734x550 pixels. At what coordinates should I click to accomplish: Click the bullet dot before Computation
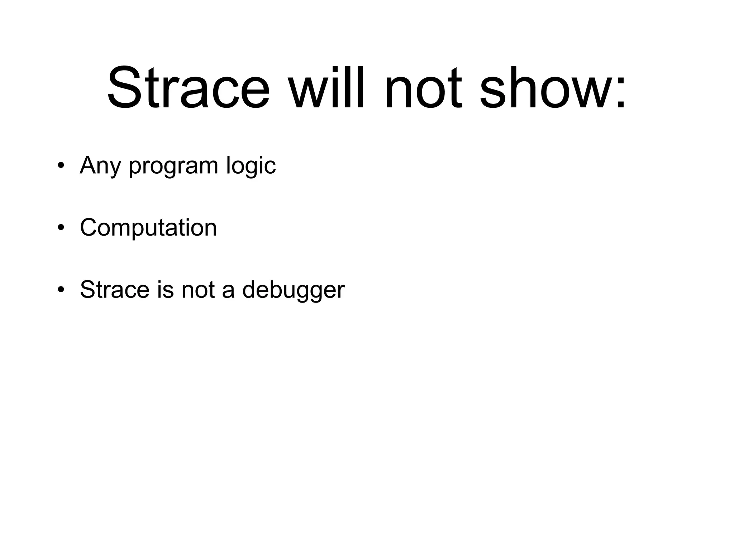point(61,228)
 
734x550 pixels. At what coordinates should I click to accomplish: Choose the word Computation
point(148,228)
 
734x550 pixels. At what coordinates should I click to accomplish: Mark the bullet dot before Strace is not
point(61,290)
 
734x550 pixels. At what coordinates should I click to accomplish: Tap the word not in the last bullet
point(198,290)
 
